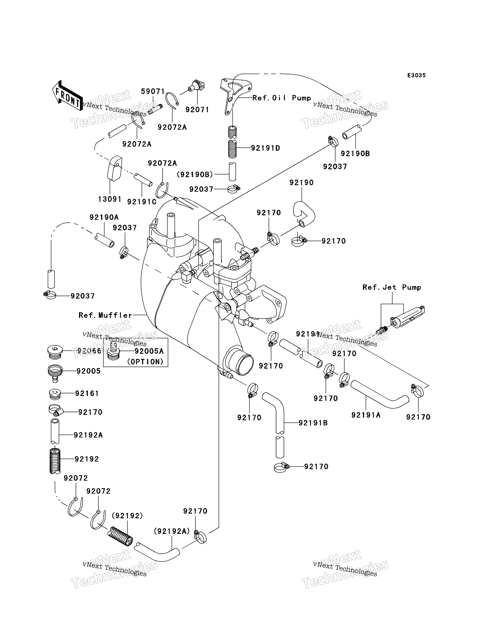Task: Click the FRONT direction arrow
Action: [x=67, y=95]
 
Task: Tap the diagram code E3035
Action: [x=416, y=75]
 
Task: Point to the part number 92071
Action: [x=197, y=110]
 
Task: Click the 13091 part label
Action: [x=110, y=199]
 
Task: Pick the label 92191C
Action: [x=142, y=202]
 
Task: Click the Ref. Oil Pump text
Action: [x=282, y=98]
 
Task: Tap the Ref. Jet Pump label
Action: [x=392, y=287]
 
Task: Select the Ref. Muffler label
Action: [x=106, y=315]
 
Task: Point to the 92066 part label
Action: [x=89, y=351]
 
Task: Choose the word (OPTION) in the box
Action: [x=145, y=362]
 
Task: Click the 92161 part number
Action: [x=87, y=393]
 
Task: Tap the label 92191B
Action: [x=313, y=423]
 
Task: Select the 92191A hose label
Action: [x=366, y=415]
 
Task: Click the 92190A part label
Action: [x=104, y=217]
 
